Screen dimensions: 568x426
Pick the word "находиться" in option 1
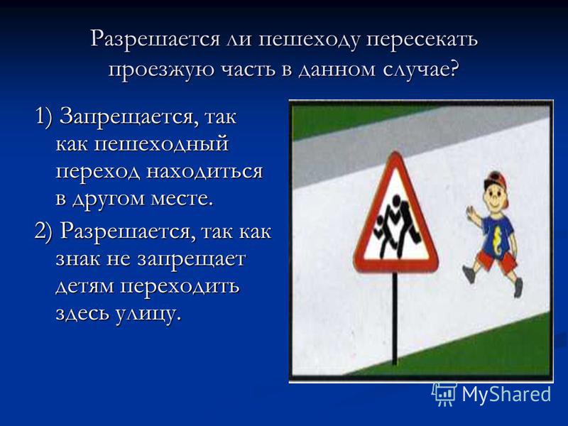tap(204, 171)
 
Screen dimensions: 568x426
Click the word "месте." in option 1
tap(182, 199)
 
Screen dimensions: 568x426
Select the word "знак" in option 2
tap(78, 259)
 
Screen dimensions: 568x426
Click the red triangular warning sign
tap(396, 214)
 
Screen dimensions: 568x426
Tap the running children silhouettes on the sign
tap(398, 226)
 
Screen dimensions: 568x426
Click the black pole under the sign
tap(395, 319)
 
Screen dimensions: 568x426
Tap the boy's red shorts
tap(496, 259)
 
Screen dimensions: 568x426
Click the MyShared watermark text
tap(506, 394)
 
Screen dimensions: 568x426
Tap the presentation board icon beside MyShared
tap(444, 393)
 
